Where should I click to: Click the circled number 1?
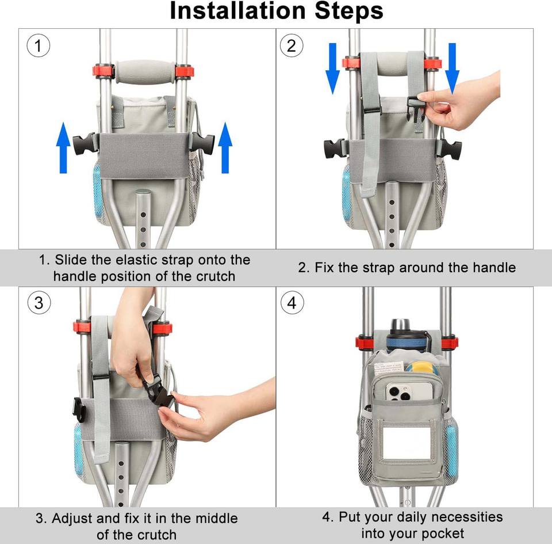(39, 46)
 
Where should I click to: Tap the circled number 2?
(292, 46)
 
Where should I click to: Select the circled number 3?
(39, 303)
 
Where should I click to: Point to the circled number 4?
(292, 303)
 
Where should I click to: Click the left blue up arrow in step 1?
(63, 147)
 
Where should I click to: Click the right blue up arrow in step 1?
(225, 147)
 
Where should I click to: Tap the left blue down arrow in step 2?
(333, 69)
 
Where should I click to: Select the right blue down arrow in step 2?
(452, 69)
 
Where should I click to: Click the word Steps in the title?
(349, 11)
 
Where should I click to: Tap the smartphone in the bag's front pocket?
(409, 391)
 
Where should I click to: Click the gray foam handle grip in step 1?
(145, 72)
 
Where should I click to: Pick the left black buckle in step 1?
(85, 144)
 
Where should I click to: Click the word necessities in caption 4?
(467, 517)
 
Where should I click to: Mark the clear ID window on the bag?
(407, 443)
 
